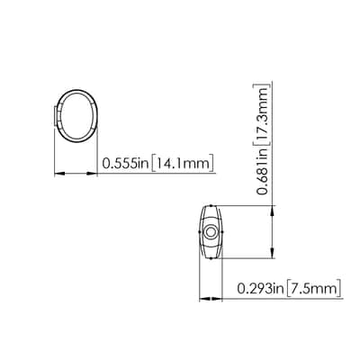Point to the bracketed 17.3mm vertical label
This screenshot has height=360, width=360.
pos(262,112)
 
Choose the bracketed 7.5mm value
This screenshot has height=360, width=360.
pos(314,289)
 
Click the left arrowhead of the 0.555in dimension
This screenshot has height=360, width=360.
pos(59,174)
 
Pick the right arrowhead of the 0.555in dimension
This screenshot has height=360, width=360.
pos(92,174)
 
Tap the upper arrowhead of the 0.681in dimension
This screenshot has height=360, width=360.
pos(273,211)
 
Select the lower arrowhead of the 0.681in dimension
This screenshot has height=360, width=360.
pos(273,253)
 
